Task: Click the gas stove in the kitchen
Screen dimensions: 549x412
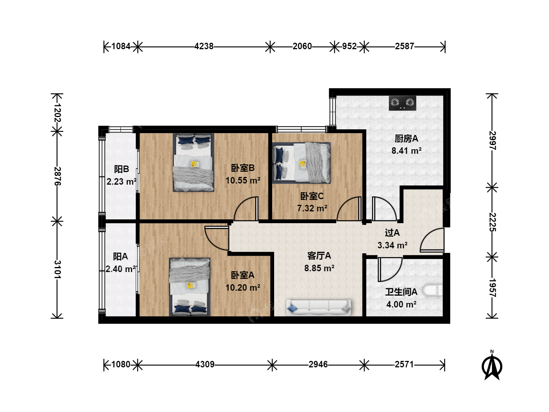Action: tap(402, 103)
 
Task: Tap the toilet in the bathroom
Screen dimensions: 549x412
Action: tap(432, 290)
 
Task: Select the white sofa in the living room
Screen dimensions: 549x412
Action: tap(319, 307)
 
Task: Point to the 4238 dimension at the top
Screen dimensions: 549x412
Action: tap(204, 46)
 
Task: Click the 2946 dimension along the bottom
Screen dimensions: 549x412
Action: tap(318, 364)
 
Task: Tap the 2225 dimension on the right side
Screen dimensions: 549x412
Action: tap(492, 222)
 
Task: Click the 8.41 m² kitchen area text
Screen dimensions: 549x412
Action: tap(406, 151)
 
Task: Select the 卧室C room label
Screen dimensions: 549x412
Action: tap(312, 196)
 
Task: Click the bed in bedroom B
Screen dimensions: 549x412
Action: tap(193, 163)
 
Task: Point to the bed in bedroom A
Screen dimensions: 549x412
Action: tap(189, 287)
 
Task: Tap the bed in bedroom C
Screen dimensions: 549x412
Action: tap(301, 163)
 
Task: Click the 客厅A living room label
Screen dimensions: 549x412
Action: tap(319, 256)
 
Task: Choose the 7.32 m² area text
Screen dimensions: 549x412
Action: tap(312, 208)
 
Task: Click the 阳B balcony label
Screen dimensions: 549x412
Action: tap(122, 169)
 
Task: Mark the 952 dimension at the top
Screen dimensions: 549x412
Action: tap(349, 46)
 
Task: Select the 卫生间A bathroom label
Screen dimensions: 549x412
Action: tap(401, 292)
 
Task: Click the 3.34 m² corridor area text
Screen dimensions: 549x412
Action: tap(392, 245)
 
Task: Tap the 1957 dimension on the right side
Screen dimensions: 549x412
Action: tap(492, 288)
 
